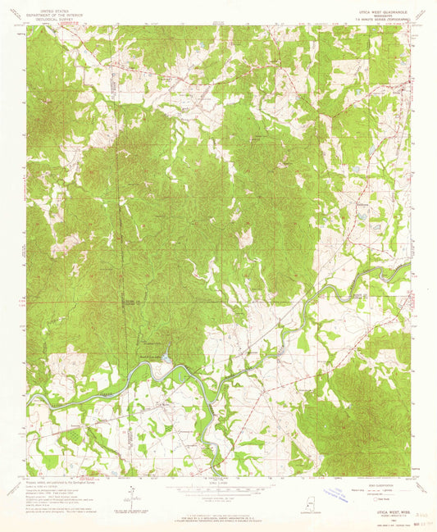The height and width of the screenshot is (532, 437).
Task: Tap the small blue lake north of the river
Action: pos(166,355)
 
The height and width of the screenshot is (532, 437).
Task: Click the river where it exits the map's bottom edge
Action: pos(216,475)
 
